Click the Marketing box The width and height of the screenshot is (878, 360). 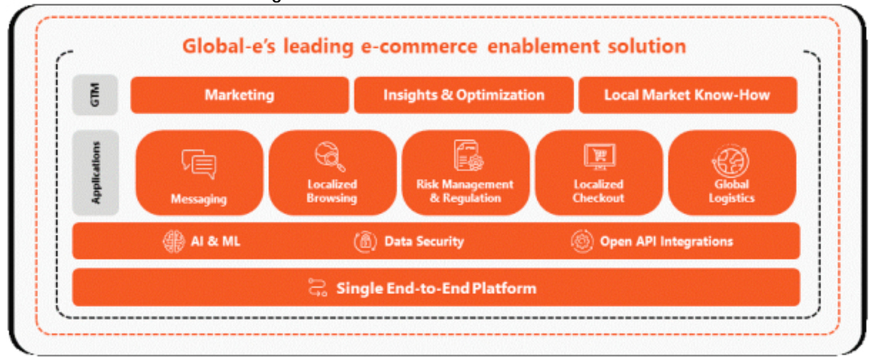pyautogui.click(x=239, y=95)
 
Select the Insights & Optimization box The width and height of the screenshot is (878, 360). pyautogui.click(x=464, y=95)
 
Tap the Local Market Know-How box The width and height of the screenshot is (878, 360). pyautogui.click(x=687, y=95)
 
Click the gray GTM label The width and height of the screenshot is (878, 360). pyautogui.click(x=95, y=95)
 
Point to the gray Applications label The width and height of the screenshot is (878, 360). pyautogui.click(x=95, y=172)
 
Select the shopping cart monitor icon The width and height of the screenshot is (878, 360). pyautogui.click(x=599, y=157)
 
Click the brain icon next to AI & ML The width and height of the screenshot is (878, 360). pyautogui.click(x=174, y=242)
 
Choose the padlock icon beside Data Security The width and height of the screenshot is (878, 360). pyautogui.click(x=365, y=242)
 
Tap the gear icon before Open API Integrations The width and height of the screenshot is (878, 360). pyautogui.click(x=582, y=242)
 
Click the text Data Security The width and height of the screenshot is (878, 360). pyautogui.click(x=424, y=242)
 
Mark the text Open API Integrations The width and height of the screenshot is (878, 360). pyautogui.click(x=666, y=242)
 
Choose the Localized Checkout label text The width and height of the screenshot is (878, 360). pyautogui.click(x=598, y=191)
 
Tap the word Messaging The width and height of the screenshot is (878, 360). pyautogui.click(x=198, y=198)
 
